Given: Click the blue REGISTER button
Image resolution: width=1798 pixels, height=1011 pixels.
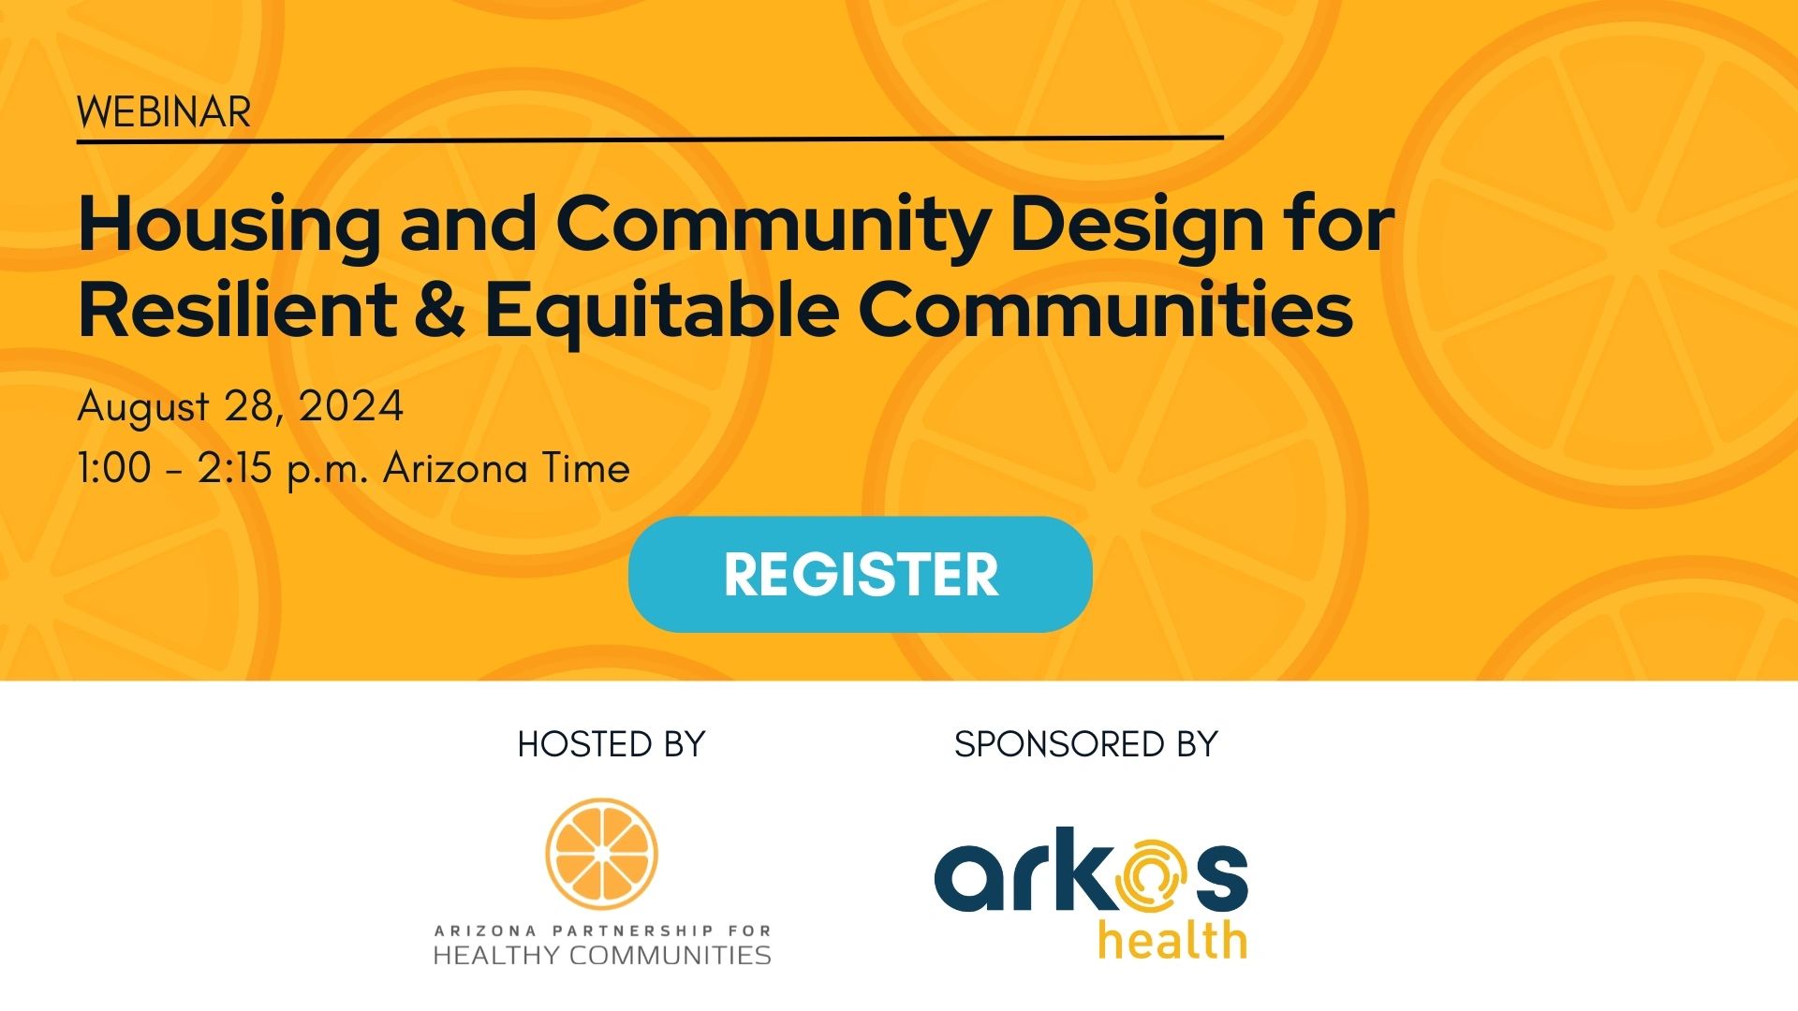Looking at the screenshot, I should (x=860, y=574).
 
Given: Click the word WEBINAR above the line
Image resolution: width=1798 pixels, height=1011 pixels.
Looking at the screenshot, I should (x=164, y=113).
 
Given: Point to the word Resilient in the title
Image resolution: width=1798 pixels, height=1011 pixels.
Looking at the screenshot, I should (x=238, y=310).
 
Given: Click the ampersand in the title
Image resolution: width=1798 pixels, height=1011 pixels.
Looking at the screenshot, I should (x=438, y=310).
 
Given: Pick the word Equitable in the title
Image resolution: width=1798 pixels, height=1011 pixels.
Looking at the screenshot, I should (x=661, y=312).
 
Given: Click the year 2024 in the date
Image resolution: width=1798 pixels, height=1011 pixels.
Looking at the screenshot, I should (x=351, y=406).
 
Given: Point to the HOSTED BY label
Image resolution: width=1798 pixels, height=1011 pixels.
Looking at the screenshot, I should (x=611, y=744).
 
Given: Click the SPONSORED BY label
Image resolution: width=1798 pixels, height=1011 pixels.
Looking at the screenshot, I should (x=1085, y=744).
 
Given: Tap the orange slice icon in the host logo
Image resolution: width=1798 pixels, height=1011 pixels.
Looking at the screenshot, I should (x=601, y=853).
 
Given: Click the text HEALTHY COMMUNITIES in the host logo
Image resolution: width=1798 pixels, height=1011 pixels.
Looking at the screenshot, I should (x=601, y=956).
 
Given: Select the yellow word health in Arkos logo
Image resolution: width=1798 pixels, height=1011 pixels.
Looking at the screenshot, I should (x=1172, y=941).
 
